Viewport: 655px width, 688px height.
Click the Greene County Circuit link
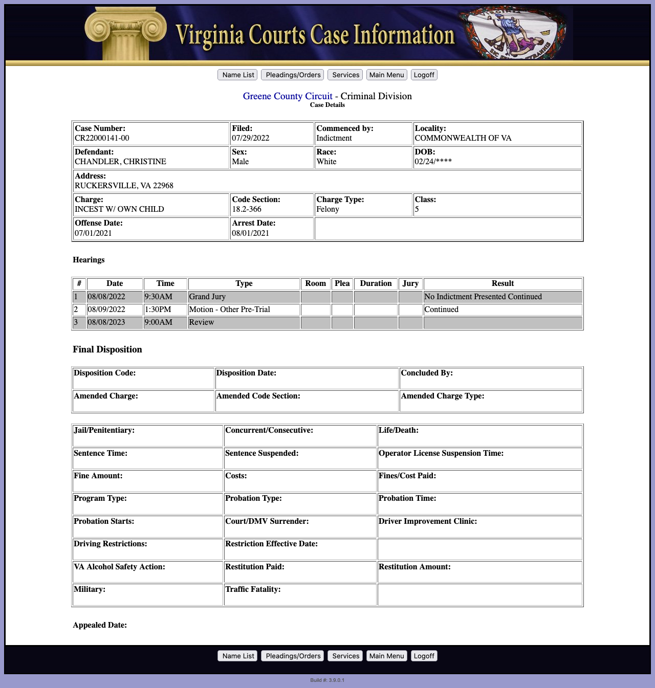[x=288, y=96]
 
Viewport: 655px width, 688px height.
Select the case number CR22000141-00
[x=102, y=138]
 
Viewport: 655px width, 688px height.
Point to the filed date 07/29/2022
[x=250, y=138]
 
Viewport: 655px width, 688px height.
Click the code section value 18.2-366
[x=247, y=209]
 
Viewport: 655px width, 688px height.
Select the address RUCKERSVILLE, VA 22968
[x=124, y=186]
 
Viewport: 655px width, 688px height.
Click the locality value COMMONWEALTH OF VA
[x=463, y=138]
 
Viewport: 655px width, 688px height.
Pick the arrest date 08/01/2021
[x=250, y=233]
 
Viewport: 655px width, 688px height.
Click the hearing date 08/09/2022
[x=106, y=309]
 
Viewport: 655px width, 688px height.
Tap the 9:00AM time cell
[x=158, y=322]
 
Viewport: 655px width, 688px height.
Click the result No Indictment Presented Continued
[x=483, y=297]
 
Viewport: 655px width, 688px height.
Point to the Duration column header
[x=376, y=283]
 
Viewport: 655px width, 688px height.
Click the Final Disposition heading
[x=107, y=349]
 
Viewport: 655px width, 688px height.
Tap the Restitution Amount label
[x=414, y=567]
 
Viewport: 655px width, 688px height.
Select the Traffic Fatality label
[x=253, y=589]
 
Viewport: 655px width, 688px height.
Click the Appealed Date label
[x=100, y=625]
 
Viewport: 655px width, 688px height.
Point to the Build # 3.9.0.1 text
[x=327, y=680]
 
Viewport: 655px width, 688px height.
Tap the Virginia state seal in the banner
[x=512, y=33]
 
